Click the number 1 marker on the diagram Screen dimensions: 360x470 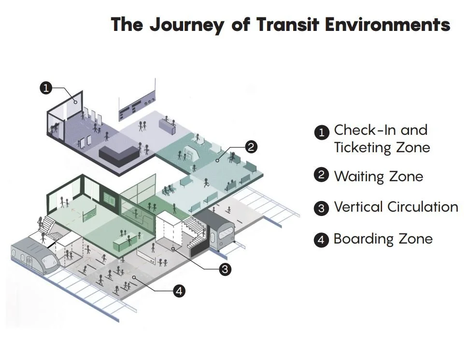[x=45, y=88]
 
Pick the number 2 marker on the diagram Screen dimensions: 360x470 [x=251, y=147]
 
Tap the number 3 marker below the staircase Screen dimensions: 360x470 [x=225, y=269]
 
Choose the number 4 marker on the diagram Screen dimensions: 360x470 [x=179, y=291]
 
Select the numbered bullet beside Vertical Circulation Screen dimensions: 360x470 [x=321, y=208]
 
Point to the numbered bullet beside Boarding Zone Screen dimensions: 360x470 [x=321, y=240]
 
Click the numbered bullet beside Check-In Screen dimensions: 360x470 [x=321, y=132]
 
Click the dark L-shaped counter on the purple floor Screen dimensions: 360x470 [x=119, y=155]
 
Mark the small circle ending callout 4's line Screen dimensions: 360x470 [x=134, y=278]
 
